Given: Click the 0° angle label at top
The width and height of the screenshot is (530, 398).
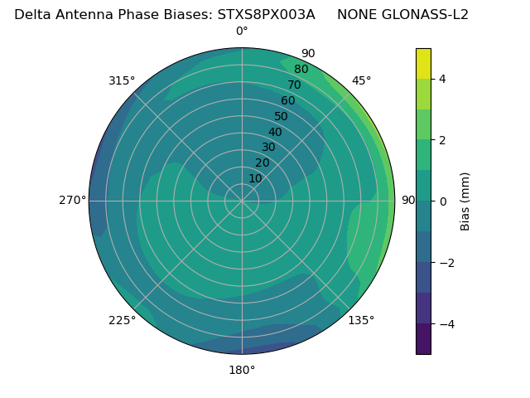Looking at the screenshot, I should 242,32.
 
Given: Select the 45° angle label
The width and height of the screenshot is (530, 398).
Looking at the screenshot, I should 361,80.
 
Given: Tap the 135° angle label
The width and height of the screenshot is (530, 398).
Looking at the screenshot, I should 361,320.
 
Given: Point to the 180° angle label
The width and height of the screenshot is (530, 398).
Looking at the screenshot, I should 242,370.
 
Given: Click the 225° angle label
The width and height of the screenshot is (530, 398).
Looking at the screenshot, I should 122,320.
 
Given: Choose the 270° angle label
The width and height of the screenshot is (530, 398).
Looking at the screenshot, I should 72,200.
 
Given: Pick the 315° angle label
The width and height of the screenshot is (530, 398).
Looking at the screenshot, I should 122,80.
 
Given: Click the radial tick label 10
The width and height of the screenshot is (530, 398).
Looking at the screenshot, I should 255,178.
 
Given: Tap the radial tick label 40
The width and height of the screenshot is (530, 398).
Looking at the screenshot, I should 275,132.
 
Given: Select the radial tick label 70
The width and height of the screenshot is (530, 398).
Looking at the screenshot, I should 294,85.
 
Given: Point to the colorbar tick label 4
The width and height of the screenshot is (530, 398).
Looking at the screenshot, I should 443,79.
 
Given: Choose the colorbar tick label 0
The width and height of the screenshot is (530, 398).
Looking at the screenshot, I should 443,201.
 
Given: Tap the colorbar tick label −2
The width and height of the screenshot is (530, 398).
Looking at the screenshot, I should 446,263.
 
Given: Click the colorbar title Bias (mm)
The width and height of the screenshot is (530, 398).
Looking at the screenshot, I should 465,201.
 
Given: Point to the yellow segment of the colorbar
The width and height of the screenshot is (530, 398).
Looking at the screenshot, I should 423,63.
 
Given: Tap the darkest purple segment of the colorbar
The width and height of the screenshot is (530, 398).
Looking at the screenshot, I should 423,339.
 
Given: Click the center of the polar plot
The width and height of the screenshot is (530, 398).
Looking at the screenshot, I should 242,201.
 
